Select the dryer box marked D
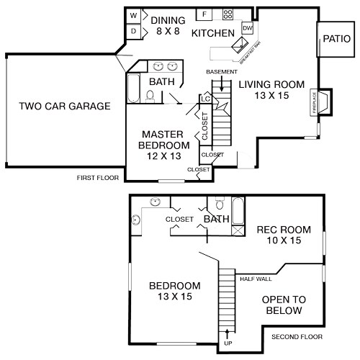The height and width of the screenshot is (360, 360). point(134,31)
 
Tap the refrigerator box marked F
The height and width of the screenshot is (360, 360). point(204,14)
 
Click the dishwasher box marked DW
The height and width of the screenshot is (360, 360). point(248,28)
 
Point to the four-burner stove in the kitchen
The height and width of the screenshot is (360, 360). point(228,14)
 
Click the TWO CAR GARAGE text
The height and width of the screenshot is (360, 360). point(65,107)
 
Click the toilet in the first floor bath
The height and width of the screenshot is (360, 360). point(150,99)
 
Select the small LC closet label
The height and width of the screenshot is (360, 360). point(205,99)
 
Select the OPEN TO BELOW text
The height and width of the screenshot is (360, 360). point(282,305)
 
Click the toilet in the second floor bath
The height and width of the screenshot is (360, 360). point(220,202)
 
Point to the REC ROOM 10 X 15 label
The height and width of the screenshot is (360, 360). point(284,235)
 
